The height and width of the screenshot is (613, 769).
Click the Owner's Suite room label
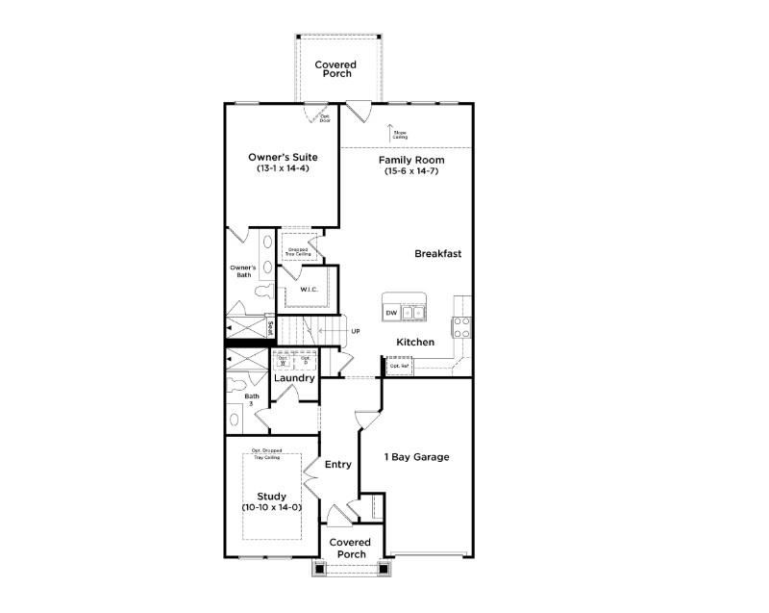pos(283,157)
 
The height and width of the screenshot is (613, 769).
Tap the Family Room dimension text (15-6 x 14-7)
pos(409,170)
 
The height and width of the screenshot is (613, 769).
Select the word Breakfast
pos(438,254)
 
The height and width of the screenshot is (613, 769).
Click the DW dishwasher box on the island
pos(392,313)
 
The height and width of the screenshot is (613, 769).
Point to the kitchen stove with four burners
pos(461,327)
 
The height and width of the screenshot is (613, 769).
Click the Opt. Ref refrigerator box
pos(399,366)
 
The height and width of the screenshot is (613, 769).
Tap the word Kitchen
pos(415,342)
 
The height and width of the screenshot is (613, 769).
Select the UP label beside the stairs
pos(356,332)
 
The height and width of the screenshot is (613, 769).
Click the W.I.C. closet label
pos(309,290)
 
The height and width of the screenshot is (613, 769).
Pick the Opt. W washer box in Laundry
pos(284,362)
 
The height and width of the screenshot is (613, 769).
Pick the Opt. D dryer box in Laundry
pos(305,362)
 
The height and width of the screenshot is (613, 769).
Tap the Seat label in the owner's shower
pos(271,327)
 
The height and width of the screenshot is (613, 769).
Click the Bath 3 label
pos(252,399)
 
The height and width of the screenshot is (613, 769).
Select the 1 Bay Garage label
pos(417,457)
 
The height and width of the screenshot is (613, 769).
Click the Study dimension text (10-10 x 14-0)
pos(272,507)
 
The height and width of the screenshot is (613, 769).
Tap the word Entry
pos(338,465)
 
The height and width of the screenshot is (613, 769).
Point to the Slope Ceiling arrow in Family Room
pos(390,130)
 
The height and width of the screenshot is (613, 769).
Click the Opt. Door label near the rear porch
pos(325,118)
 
